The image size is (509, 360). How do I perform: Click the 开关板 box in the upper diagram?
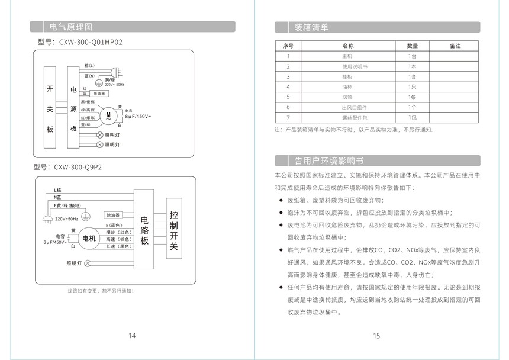(50, 108)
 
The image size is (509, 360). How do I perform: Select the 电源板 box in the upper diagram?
(73, 108)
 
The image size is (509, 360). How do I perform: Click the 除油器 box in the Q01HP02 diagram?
(99, 94)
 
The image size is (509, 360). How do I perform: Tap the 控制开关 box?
(173, 231)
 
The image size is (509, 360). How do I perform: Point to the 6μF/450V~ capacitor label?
(55, 242)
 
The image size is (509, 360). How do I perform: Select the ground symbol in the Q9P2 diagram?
(84, 217)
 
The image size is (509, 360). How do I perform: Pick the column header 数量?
(412, 46)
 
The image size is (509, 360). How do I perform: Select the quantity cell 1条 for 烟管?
(412, 97)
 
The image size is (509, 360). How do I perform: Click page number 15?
(376, 336)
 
